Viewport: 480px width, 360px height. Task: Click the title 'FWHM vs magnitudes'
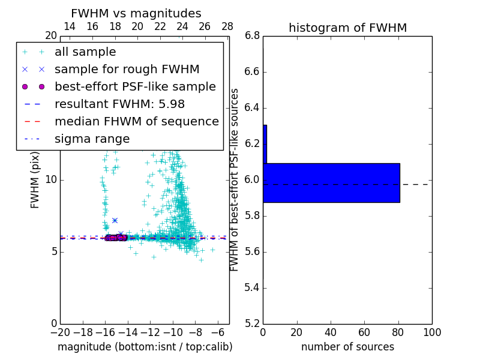[x=136, y=13]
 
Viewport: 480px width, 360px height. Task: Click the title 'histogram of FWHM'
[x=347, y=28]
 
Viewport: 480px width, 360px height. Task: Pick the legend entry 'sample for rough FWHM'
[x=127, y=70]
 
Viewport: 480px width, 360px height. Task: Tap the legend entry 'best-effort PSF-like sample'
[x=135, y=87]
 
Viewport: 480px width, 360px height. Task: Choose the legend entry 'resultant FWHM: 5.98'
[x=119, y=104]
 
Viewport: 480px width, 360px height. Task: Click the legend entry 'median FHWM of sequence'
[x=136, y=122]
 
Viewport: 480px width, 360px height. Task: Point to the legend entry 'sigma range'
[x=92, y=139]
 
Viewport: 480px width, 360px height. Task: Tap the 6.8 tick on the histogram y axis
[x=252, y=36]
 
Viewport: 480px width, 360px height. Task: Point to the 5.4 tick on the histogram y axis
[x=252, y=287]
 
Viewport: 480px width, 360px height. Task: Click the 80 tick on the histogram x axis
[x=398, y=332]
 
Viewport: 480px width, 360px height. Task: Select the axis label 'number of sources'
[x=347, y=347]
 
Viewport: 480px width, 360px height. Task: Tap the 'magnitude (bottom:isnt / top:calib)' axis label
[x=145, y=347]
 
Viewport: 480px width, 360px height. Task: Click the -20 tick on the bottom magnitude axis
[x=60, y=332]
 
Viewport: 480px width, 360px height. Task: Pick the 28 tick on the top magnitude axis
[x=227, y=26]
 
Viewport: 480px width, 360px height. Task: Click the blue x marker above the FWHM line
[x=115, y=220]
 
